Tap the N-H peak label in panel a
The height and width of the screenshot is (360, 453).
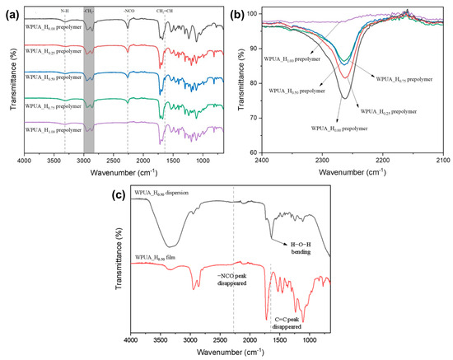click(65, 12)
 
